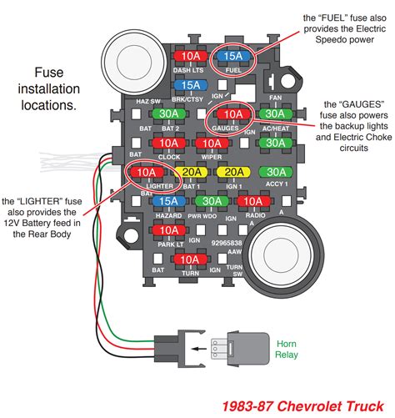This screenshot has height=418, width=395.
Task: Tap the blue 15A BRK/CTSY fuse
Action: coord(191,86)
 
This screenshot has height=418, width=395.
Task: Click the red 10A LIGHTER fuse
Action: coord(147,173)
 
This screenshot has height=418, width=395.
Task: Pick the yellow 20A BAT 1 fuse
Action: coord(191,173)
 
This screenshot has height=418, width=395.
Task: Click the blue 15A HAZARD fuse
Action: coord(169,201)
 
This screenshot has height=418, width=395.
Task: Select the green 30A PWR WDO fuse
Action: coord(212,201)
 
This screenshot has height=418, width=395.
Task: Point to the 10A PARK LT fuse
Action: coord(169,229)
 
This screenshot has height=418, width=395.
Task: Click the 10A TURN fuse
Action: coord(191,259)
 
